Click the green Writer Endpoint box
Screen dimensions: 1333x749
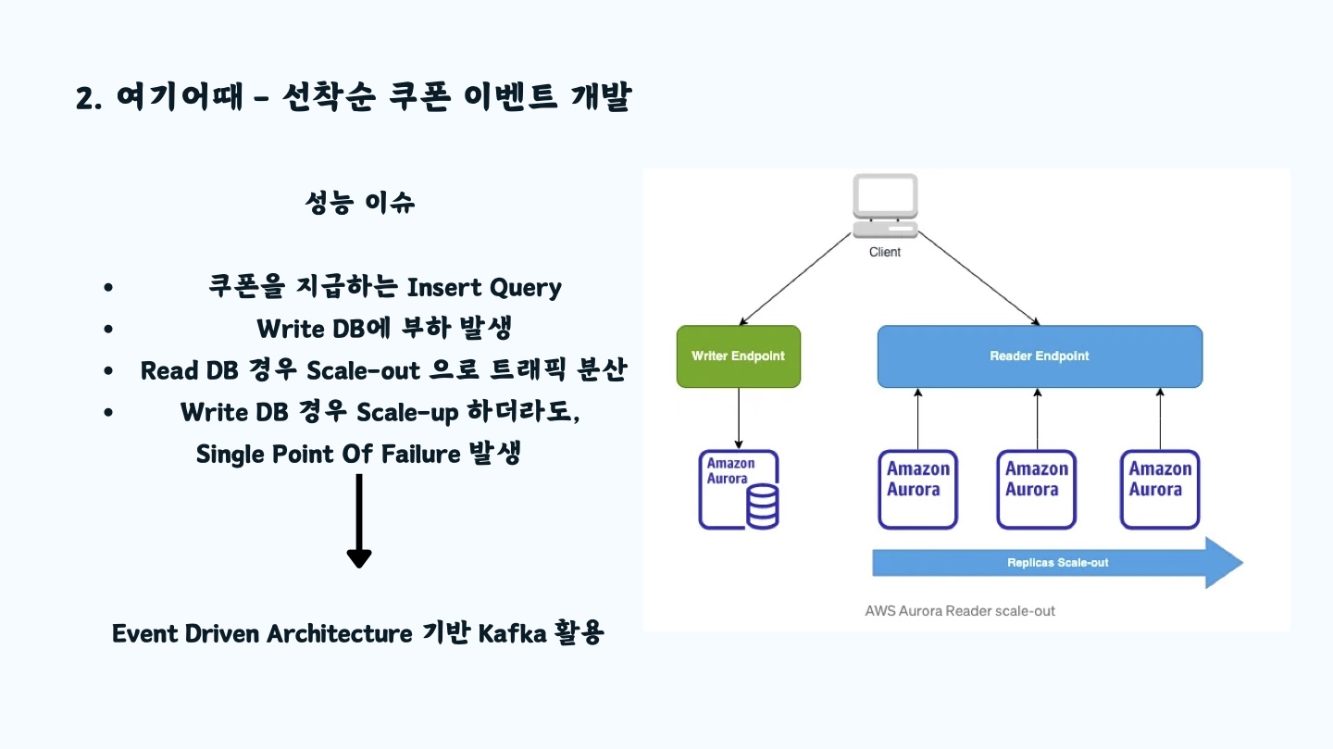point(739,356)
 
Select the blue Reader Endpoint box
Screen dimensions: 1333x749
point(1040,356)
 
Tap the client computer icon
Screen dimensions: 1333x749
point(885,206)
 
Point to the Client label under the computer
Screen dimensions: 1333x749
point(884,252)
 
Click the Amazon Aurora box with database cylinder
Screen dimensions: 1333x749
point(739,490)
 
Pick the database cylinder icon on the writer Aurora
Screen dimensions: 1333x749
point(763,506)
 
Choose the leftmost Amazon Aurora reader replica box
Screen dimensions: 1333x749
point(917,490)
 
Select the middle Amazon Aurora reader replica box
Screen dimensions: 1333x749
point(1037,490)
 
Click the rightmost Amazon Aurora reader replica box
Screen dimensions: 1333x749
point(1160,490)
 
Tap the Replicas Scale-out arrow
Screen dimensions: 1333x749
point(1057,563)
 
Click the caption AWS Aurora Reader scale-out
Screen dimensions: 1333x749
point(960,611)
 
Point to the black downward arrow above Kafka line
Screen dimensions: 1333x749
point(359,521)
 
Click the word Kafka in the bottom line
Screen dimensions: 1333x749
point(512,633)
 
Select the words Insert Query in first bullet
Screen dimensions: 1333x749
point(484,288)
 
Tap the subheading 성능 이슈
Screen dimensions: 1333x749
point(359,203)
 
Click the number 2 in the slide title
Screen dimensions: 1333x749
point(86,98)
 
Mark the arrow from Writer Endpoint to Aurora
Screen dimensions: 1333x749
point(739,418)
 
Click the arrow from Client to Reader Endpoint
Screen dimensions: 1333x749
point(979,279)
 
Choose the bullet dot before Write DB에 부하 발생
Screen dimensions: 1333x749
point(107,329)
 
